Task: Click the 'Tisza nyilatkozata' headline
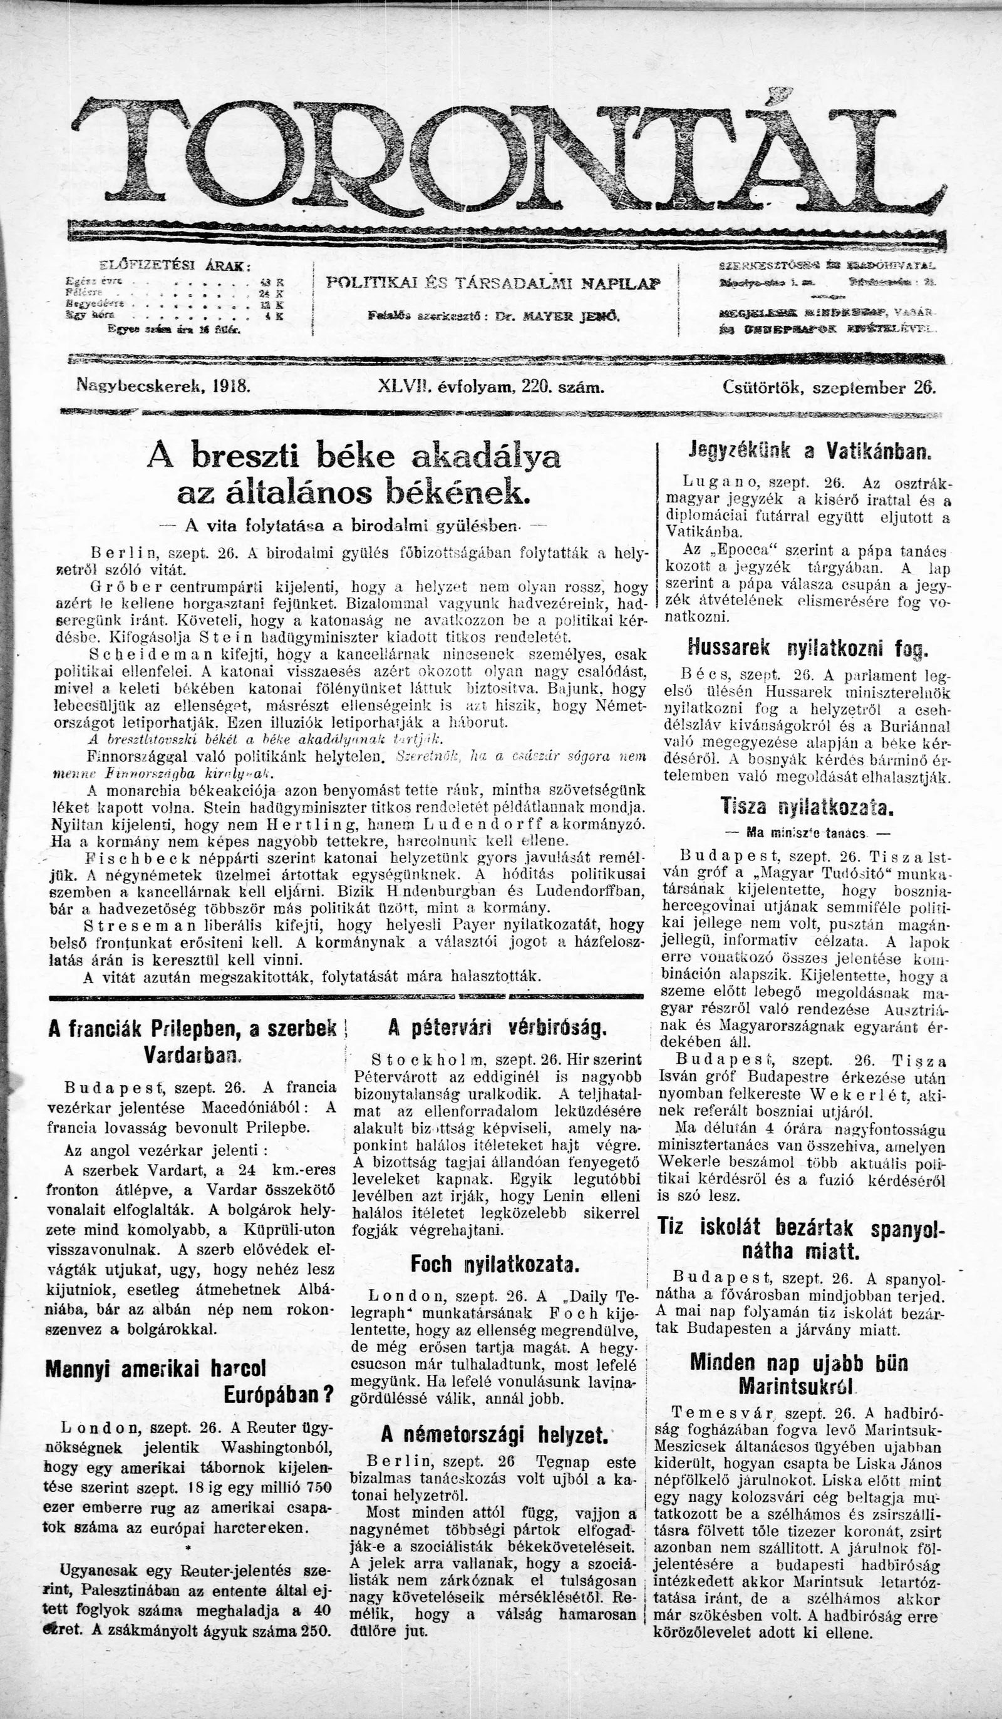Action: [806, 808]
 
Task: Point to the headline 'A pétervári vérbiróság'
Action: [497, 1028]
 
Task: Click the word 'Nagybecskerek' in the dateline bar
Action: [139, 385]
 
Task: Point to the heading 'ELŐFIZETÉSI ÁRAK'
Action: [175, 265]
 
